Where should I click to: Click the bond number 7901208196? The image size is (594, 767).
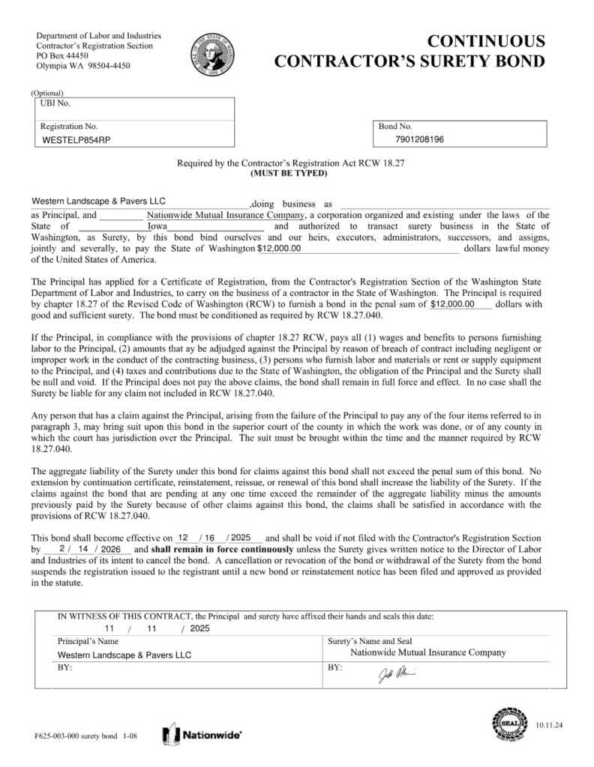click(419, 139)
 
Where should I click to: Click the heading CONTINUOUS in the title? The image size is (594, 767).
click(486, 41)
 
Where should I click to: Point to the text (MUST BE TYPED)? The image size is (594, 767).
click(289, 173)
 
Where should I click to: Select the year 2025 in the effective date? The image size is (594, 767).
click(241, 538)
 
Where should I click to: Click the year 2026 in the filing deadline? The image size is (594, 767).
click(110, 549)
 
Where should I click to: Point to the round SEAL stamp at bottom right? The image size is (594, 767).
click(510, 724)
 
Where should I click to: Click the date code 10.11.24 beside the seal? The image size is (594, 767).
click(548, 725)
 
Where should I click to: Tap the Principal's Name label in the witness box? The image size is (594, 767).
click(88, 641)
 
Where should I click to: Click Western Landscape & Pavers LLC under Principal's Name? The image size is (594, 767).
click(124, 655)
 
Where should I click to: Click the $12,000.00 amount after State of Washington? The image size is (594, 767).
click(278, 248)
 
